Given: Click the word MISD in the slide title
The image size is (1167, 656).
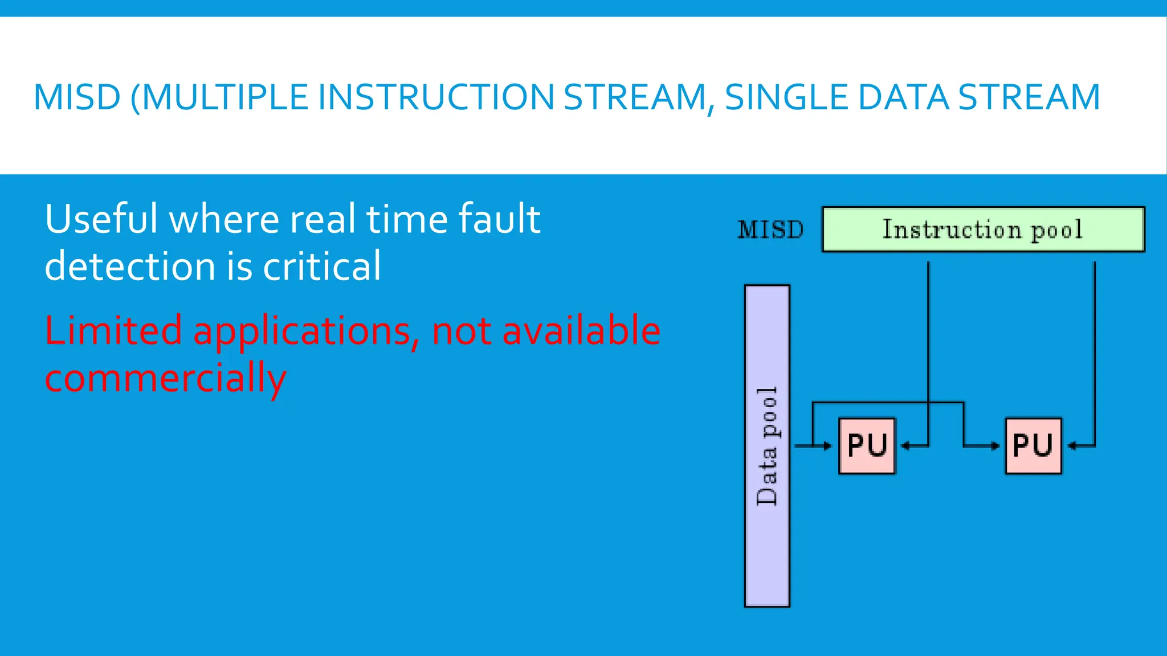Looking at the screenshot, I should pos(77,97).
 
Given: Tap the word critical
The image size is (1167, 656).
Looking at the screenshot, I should pos(321,266).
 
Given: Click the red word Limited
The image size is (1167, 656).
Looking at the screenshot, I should pos(113,331).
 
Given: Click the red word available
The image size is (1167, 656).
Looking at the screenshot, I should pos(581,331).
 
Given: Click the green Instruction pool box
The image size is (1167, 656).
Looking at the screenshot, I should pos(983,229).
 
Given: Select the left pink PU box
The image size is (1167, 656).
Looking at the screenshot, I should pos(867,446).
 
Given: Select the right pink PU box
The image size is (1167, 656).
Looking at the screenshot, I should pos(1033,446).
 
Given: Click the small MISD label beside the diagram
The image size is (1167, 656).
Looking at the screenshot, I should pos(770,230).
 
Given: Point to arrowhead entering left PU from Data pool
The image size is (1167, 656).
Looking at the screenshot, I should pos(828,446).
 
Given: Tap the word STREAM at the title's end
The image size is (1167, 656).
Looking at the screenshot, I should pos(1029,97).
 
